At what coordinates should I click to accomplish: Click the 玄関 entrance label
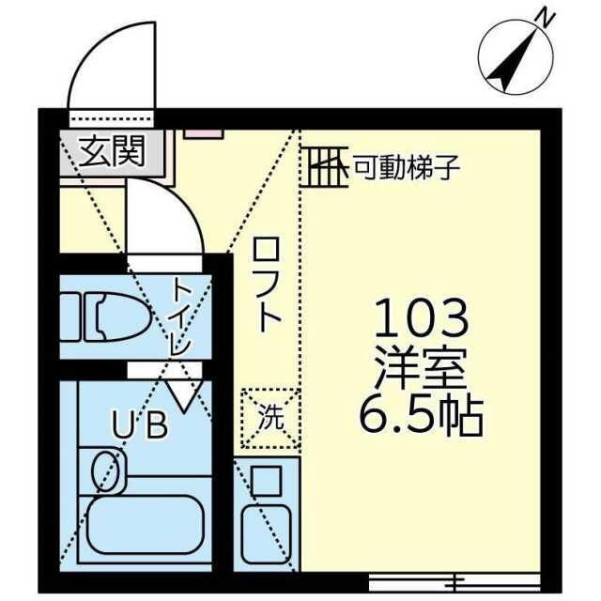point(112,151)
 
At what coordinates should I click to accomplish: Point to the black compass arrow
point(512,60)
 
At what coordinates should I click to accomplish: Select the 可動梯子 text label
point(407,167)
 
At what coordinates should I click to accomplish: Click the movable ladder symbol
point(325,167)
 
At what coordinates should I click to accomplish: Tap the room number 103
point(422,318)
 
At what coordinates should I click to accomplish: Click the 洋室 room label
point(421,369)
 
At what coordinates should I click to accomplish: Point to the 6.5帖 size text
point(421,417)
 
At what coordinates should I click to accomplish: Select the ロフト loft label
point(267,284)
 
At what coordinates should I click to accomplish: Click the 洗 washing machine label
point(270,417)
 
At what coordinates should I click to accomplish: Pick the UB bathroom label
point(140,424)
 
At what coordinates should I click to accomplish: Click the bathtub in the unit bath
point(145,525)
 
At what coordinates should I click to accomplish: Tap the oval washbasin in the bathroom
point(104,470)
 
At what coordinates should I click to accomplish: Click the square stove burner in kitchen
point(266,481)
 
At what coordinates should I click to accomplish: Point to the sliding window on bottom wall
point(455,583)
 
